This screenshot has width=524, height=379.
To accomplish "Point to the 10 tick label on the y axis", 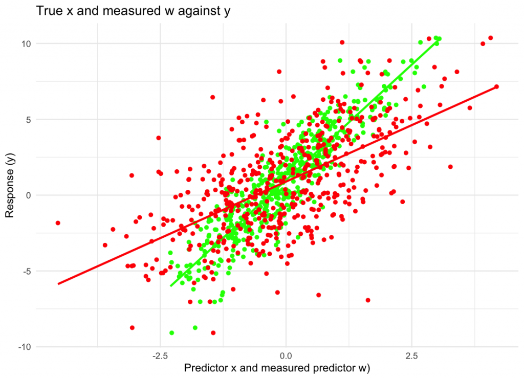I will pyautogui.click(x=26, y=43).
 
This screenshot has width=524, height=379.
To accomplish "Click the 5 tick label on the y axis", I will pyautogui.click(x=29, y=119).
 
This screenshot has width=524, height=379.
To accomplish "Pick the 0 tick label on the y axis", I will pyautogui.click(x=29, y=195).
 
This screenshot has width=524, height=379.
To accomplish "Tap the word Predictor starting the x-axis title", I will pyautogui.click(x=205, y=368).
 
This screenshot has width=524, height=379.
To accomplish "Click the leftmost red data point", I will pyautogui.click(x=58, y=223).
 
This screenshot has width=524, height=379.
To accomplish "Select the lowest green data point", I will pyautogui.click(x=172, y=333).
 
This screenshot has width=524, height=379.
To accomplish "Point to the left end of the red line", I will pyautogui.click(x=58, y=283).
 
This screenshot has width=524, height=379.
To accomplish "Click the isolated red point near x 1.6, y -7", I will pyautogui.click(x=367, y=300).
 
